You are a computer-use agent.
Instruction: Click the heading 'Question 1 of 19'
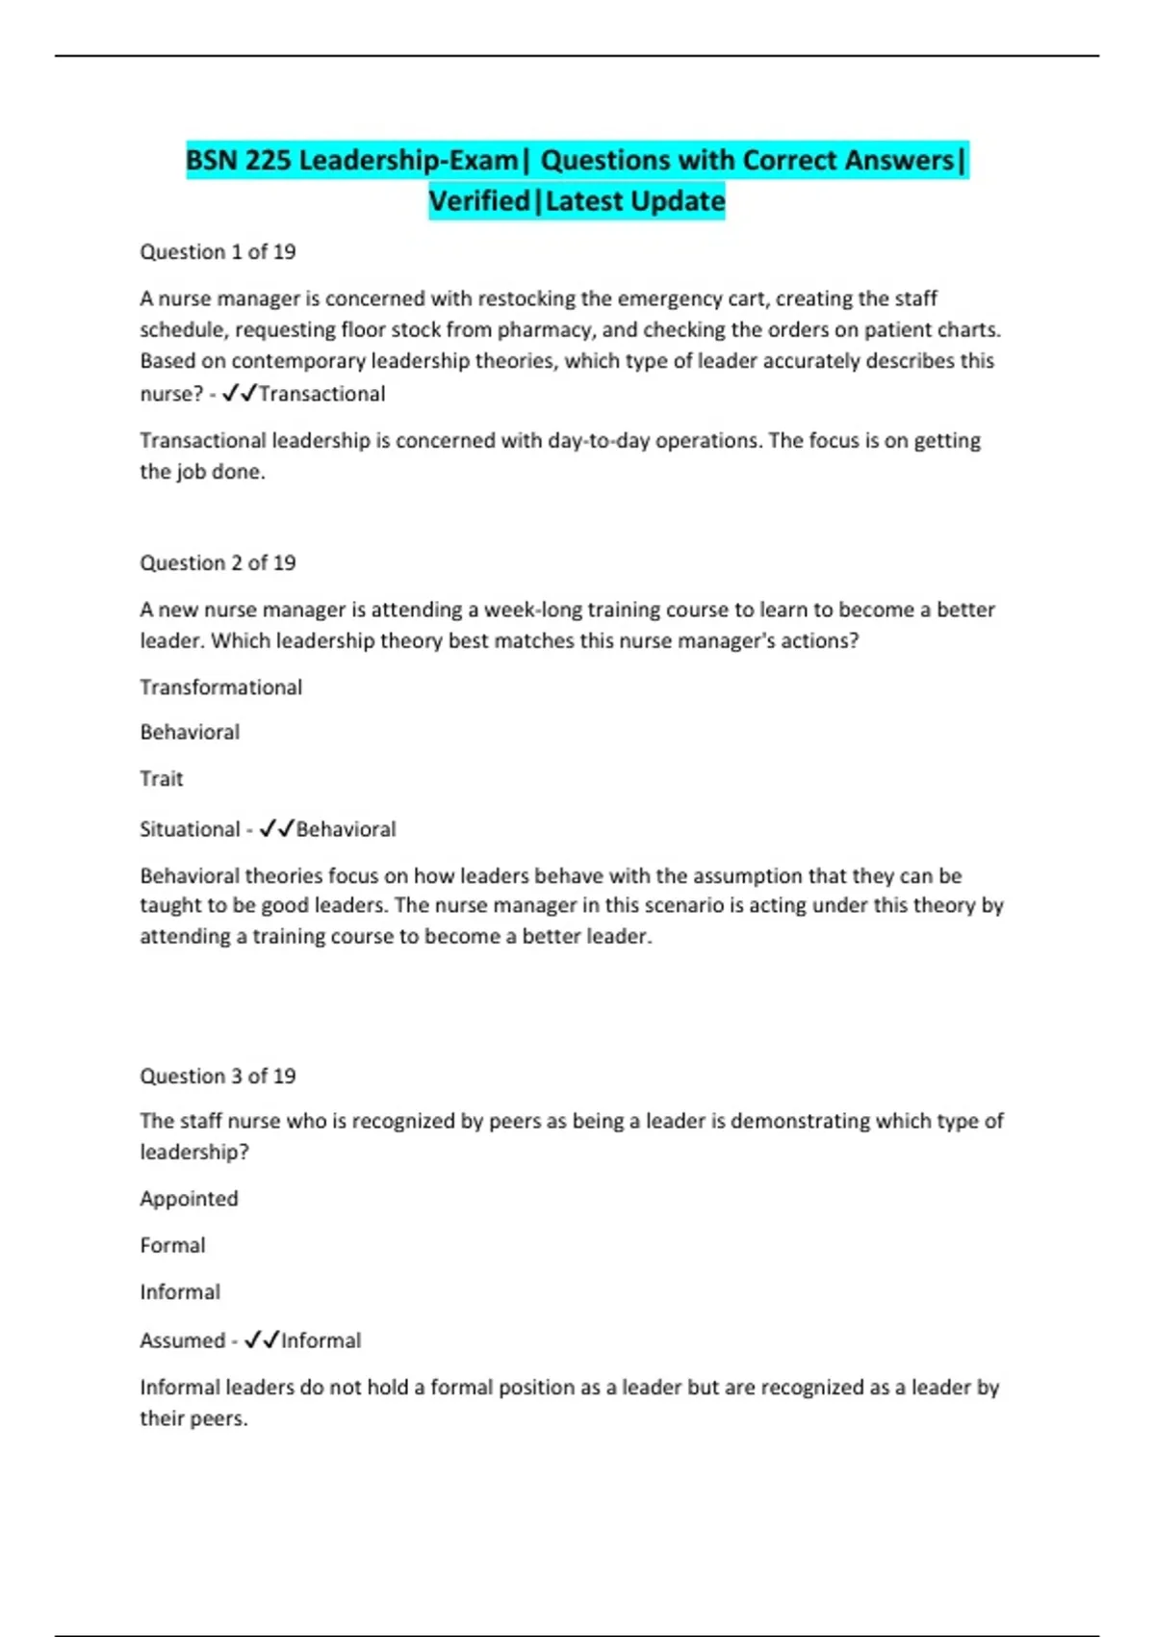[218, 252]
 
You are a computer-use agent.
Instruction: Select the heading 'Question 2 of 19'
[218, 563]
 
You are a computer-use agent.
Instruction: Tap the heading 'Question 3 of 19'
[218, 1077]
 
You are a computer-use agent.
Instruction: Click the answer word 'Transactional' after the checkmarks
[321, 394]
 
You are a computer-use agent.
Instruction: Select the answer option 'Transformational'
[220, 688]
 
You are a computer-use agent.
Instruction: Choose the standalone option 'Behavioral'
[190, 733]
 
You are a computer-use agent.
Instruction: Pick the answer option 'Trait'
[161, 779]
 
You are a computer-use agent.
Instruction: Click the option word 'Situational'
[190, 829]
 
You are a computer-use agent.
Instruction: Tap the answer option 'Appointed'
[189, 1199]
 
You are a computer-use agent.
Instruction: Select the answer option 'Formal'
[172, 1246]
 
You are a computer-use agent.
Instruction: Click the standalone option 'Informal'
[180, 1292]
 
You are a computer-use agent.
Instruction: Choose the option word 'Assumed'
[182, 1340]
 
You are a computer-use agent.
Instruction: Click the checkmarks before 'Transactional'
[239, 393]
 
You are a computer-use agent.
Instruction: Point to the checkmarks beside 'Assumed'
[261, 1339]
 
